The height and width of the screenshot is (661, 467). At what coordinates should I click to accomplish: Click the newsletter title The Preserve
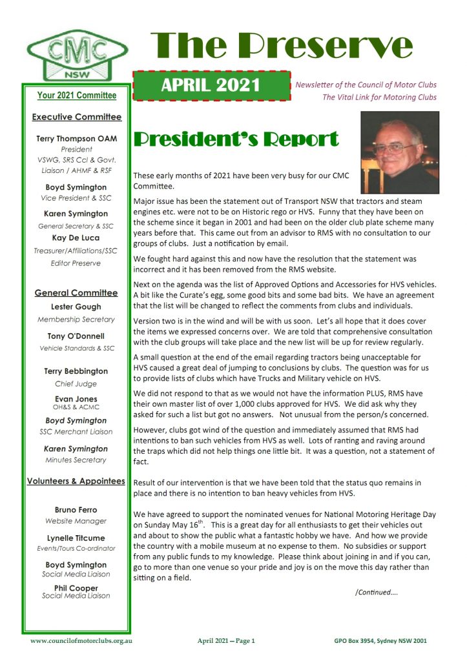click(281, 45)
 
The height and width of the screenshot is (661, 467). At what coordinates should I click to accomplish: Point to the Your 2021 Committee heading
click(77, 96)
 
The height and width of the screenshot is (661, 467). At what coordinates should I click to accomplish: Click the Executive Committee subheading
click(76, 117)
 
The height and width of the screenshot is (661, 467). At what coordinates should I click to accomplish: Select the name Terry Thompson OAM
click(76, 138)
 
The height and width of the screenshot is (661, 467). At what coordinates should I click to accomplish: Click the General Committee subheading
click(76, 293)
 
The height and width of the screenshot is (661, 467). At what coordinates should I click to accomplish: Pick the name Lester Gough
click(76, 307)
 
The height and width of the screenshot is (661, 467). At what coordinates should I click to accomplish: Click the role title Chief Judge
click(76, 384)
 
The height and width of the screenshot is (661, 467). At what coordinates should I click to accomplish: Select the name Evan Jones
click(76, 399)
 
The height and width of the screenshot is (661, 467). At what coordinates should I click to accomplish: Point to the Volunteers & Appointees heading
click(76, 481)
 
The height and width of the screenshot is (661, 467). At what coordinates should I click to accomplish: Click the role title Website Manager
click(76, 521)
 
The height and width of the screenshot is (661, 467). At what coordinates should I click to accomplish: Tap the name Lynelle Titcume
click(76, 537)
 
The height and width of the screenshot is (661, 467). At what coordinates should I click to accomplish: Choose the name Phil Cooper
click(76, 587)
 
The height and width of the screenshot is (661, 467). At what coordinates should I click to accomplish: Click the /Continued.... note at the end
click(377, 591)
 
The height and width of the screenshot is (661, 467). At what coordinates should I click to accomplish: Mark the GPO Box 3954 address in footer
click(375, 641)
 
